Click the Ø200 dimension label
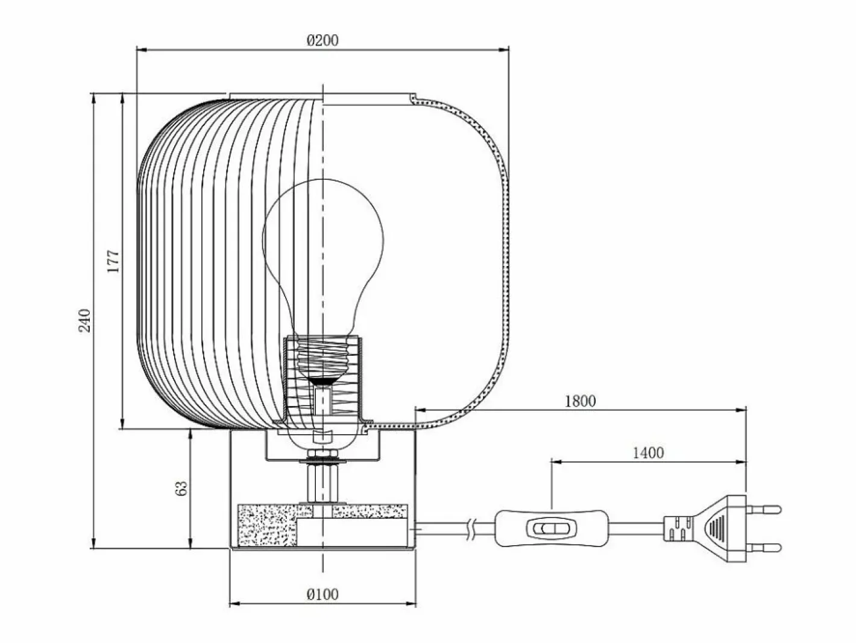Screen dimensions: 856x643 (323, 40)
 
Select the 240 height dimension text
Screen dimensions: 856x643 (84, 320)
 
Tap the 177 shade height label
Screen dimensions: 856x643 (113, 261)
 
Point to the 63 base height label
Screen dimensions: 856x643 (181, 488)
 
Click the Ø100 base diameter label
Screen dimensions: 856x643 (323, 594)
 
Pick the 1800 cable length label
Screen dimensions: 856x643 (581, 401)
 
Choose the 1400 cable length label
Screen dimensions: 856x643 (648, 453)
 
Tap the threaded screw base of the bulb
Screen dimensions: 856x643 (323, 358)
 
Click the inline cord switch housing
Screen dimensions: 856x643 (552, 528)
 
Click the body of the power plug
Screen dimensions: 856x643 (706, 528)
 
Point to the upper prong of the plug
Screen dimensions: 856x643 (764, 509)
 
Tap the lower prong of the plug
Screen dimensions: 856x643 (764, 548)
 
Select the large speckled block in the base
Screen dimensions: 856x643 (268, 525)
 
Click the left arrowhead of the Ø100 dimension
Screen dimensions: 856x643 (234, 604)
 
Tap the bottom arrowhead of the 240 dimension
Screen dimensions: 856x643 (93, 543)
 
